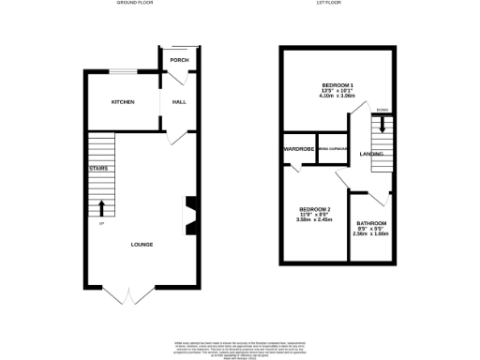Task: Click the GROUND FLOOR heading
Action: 135,4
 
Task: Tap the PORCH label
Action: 179,60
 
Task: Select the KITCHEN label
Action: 123,101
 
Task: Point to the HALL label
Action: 178,101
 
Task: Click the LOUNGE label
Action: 142,245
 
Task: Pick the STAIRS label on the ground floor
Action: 98,168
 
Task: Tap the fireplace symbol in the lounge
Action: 190,213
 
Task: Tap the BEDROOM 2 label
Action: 314,209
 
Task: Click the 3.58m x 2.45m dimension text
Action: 314,220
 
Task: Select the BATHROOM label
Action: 371,223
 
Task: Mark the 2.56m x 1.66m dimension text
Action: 371,234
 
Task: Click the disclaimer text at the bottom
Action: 240,346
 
